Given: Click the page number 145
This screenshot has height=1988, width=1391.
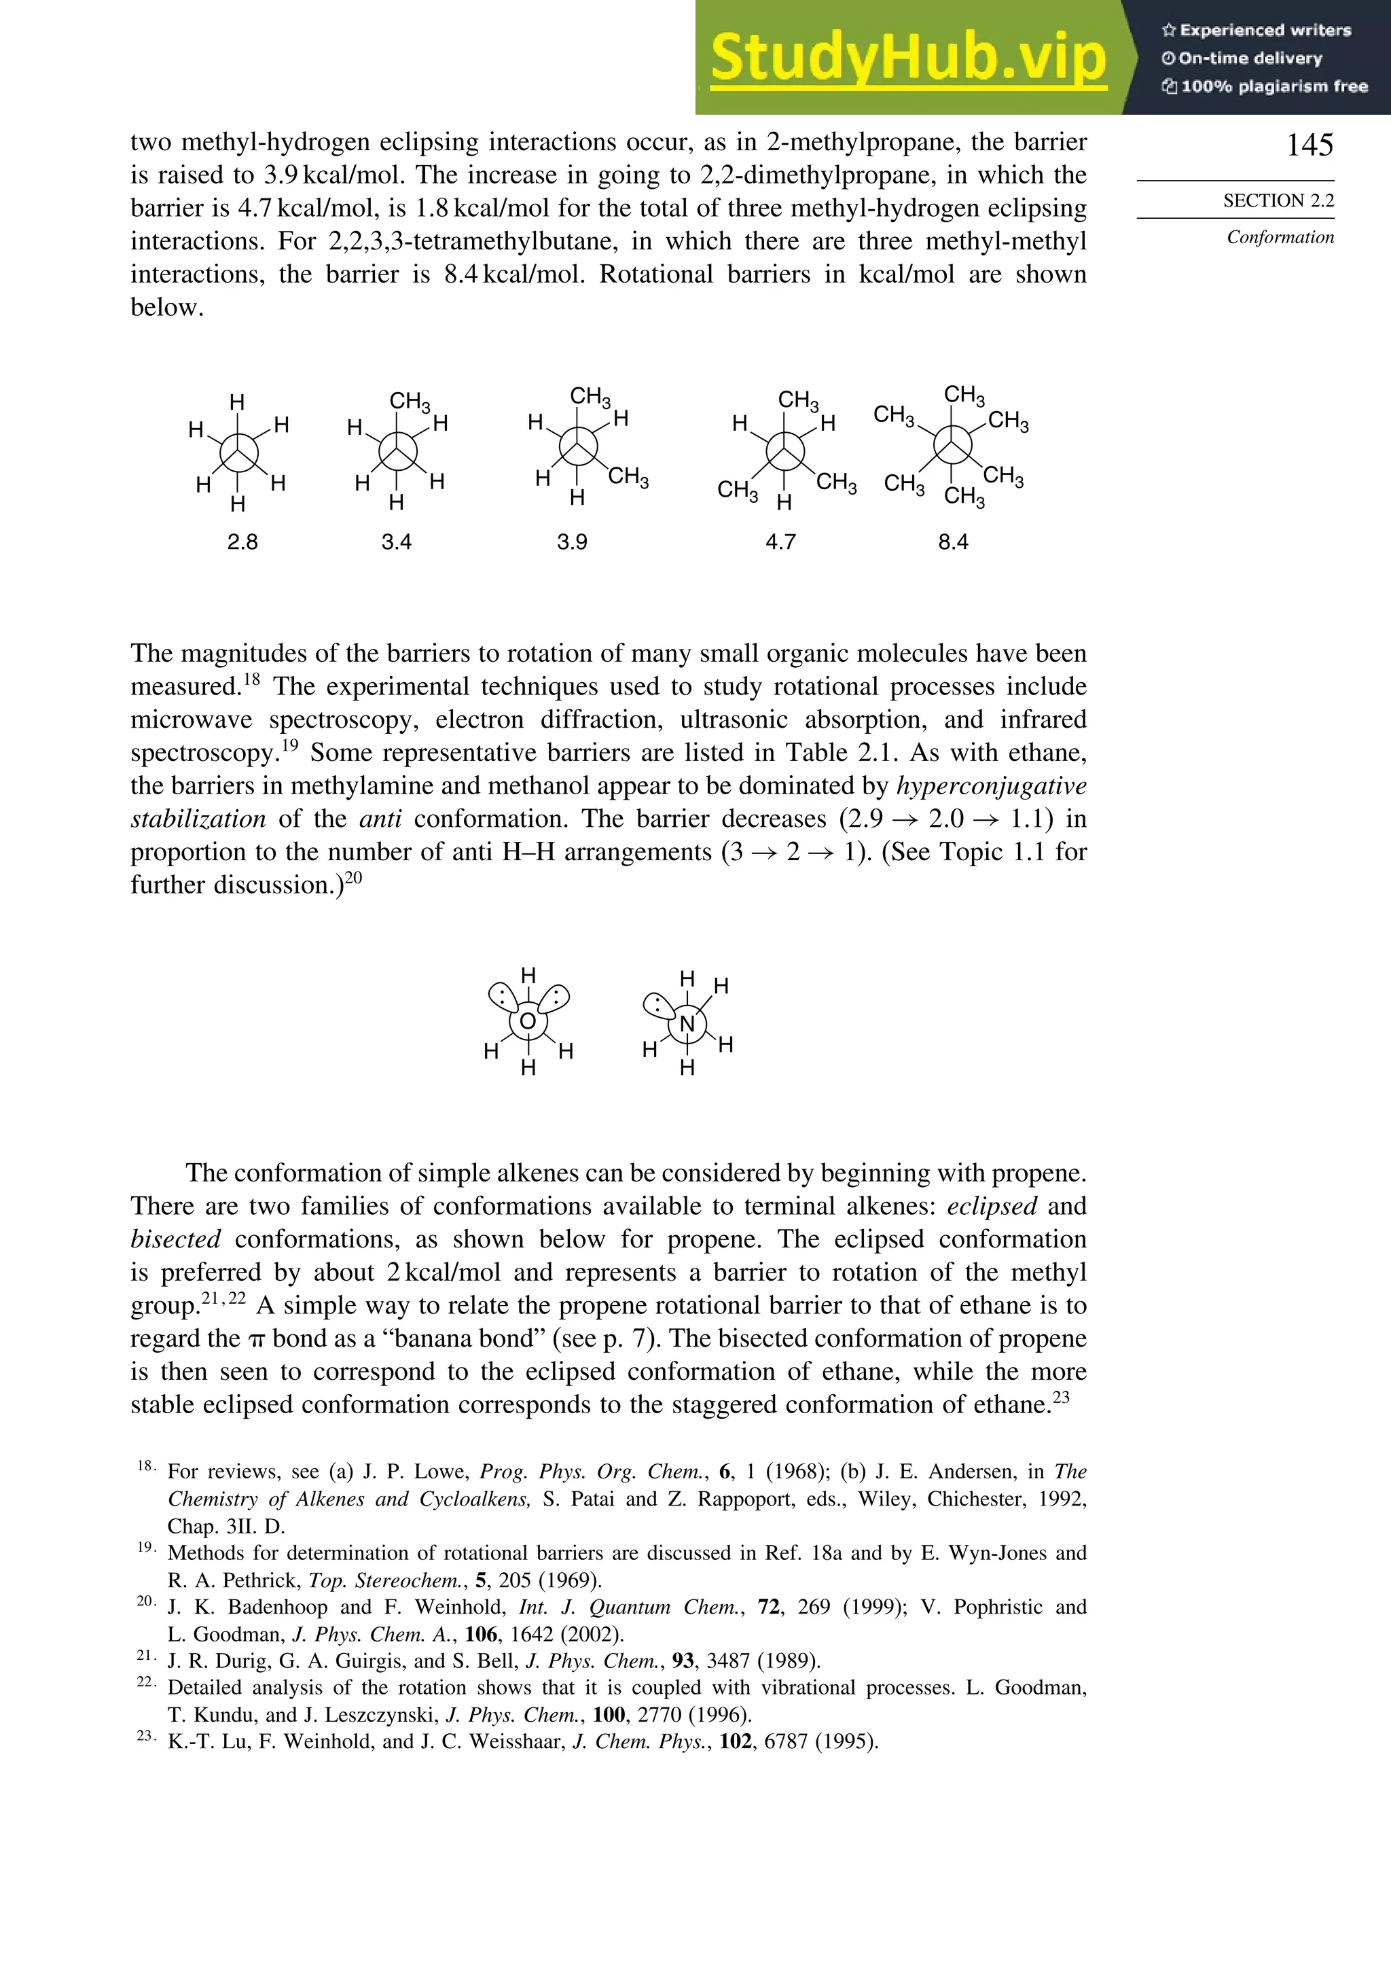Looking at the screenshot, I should [1309, 145].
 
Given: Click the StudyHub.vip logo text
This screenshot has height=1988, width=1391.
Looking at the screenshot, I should [908, 59].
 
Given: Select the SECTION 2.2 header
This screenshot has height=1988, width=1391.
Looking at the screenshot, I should [1278, 201].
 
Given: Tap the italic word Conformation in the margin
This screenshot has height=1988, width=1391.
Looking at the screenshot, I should [1280, 237].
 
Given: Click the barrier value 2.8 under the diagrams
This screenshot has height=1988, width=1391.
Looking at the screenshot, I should [242, 542].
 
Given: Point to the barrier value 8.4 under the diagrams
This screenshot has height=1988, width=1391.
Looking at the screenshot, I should [952, 542].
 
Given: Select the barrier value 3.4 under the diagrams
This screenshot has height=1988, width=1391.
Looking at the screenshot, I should [397, 542].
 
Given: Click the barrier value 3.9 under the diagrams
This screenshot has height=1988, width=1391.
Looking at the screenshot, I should [572, 542].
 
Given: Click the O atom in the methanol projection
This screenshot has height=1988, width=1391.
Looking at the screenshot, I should [528, 1022].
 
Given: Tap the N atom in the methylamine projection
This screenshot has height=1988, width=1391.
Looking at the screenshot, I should [687, 1025].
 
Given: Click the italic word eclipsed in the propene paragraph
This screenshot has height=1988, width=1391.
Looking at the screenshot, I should [992, 1206].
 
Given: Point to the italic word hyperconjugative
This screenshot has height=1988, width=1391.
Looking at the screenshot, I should [991, 786].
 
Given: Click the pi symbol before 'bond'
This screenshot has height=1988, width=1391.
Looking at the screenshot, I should [255, 1339].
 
